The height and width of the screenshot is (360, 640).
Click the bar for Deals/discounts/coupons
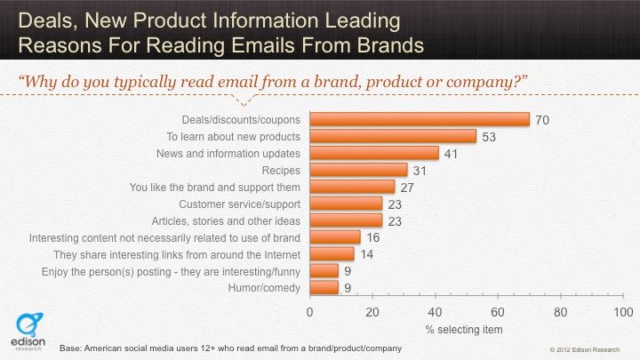(419, 119)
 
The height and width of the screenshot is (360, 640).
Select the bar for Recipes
(358, 170)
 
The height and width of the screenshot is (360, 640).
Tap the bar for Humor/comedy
(324, 287)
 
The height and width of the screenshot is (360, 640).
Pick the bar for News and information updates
(374, 153)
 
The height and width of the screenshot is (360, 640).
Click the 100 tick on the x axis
(622, 313)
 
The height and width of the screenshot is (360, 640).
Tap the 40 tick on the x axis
(435, 313)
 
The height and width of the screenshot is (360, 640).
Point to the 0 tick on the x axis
(310, 313)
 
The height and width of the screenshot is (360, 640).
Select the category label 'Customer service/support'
(247, 204)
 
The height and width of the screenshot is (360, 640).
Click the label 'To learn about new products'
(234, 136)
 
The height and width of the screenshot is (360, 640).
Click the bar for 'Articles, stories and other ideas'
(346, 220)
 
